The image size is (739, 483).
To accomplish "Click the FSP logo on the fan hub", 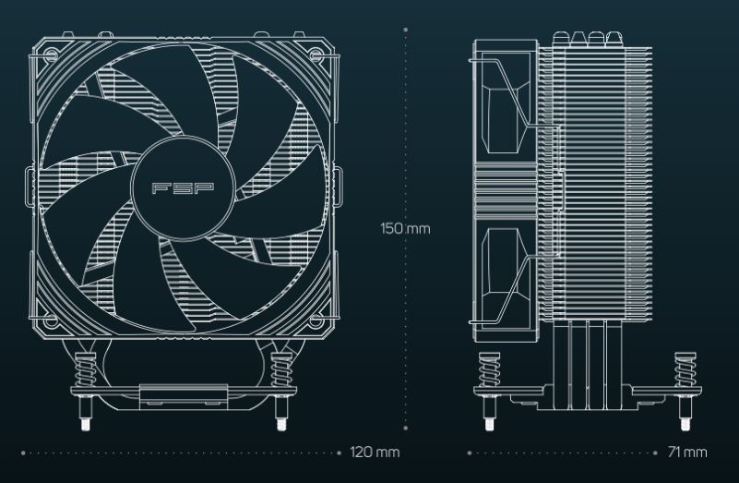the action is point(183,188).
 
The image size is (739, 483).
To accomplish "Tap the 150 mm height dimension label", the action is point(405,229).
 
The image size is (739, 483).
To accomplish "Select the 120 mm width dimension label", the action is point(375,453).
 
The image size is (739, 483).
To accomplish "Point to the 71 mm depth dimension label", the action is point(687,453).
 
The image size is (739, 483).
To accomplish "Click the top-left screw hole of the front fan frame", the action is point(52,54).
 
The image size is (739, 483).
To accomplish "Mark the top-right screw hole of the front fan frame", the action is point(316,54).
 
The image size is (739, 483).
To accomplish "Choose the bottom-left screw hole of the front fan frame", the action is point(52,321).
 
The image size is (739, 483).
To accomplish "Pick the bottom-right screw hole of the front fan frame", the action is point(316,321).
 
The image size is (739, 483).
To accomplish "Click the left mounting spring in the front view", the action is point(85,370).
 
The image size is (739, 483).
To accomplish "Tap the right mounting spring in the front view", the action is point(281,370).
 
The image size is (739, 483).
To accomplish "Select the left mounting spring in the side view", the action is point(490,369).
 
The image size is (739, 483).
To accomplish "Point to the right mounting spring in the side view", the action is point(685,369).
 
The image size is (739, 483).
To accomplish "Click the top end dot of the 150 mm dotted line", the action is point(406,30).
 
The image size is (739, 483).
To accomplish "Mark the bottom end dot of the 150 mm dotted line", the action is point(406,429).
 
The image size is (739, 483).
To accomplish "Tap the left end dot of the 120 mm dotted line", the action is point(23,453).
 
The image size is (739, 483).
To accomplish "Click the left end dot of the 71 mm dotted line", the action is point(470,453).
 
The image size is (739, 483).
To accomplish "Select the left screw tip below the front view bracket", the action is point(85,425).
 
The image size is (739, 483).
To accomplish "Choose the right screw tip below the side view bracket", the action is point(685,424).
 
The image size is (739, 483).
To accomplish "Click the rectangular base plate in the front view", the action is point(184,396).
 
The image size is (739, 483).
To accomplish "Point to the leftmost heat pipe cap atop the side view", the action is point(561,39).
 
